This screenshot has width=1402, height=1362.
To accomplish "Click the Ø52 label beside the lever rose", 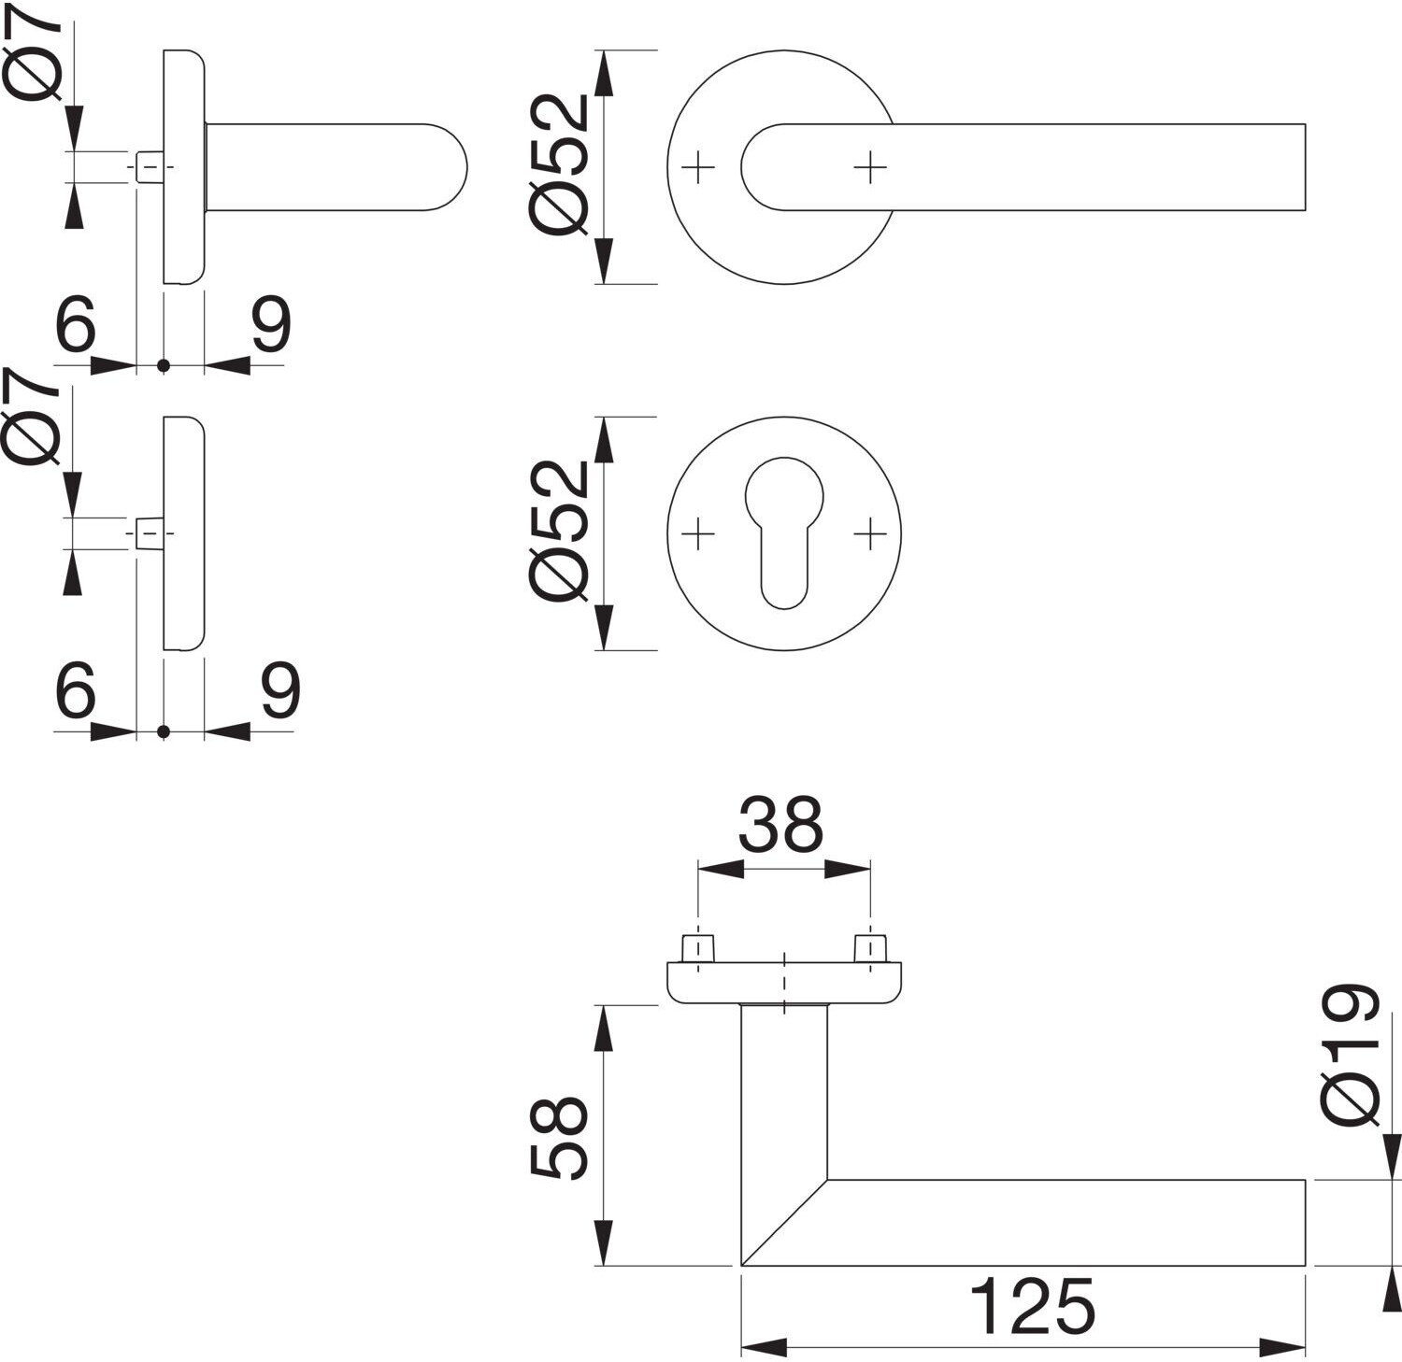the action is click(x=559, y=164).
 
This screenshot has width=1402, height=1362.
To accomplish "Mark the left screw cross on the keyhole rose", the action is click(x=698, y=534).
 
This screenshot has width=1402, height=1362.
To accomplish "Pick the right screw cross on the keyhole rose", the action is click(x=870, y=534).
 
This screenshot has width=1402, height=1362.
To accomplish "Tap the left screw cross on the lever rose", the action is click(x=698, y=168).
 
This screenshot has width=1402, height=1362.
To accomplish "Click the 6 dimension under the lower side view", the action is click(x=76, y=692).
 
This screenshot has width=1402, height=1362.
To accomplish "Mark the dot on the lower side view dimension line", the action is click(x=164, y=731).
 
